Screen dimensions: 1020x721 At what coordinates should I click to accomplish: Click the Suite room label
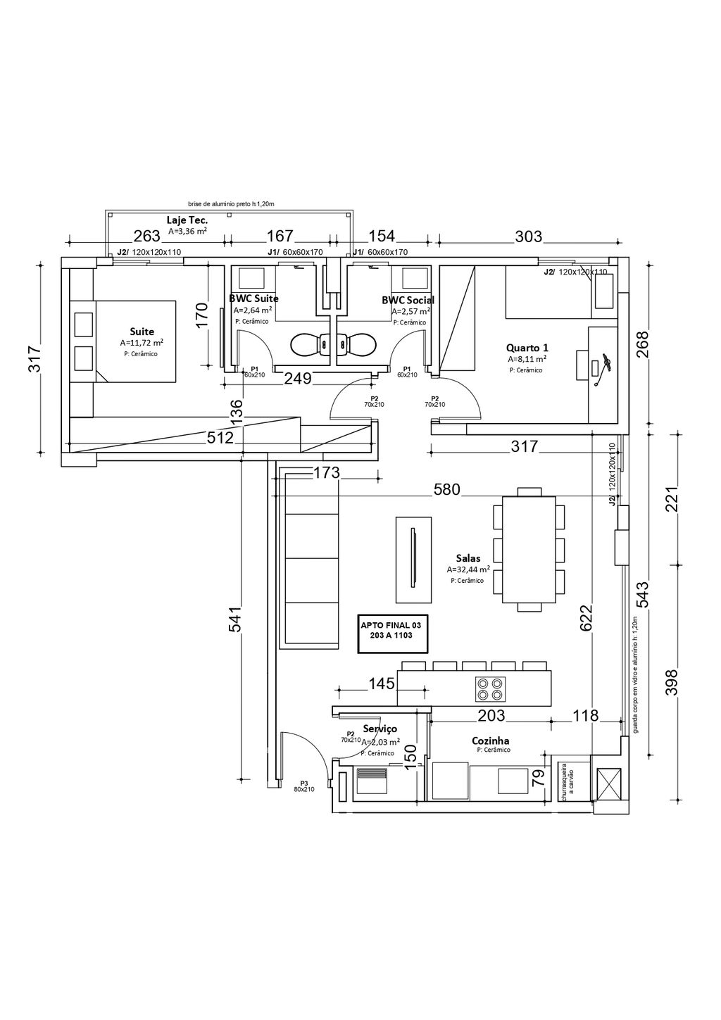pos(142,332)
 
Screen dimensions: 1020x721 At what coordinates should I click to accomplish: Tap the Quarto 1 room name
pos(527,348)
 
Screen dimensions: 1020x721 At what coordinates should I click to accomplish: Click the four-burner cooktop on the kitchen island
pos(490,688)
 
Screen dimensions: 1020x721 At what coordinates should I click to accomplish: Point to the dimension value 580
pos(446,489)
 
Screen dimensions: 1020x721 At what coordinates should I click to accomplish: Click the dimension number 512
pos(220,438)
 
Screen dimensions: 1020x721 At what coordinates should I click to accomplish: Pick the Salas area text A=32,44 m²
pos(468,569)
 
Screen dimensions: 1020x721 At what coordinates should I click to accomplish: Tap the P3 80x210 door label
pos(304,786)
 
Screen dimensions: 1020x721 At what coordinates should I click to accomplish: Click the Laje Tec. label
pos(187,220)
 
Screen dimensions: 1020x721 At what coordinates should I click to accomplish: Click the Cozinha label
pos(491,741)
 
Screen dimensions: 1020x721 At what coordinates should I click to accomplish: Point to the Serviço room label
pos(380,729)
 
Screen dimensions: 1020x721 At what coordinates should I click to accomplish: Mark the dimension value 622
pos(586,617)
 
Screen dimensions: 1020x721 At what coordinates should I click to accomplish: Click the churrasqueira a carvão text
pos(564,781)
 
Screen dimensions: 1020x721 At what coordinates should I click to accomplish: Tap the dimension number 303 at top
pos(528,237)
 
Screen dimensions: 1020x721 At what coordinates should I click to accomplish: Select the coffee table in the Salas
pos(413,559)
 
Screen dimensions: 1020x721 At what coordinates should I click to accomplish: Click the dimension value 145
pos(382,683)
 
